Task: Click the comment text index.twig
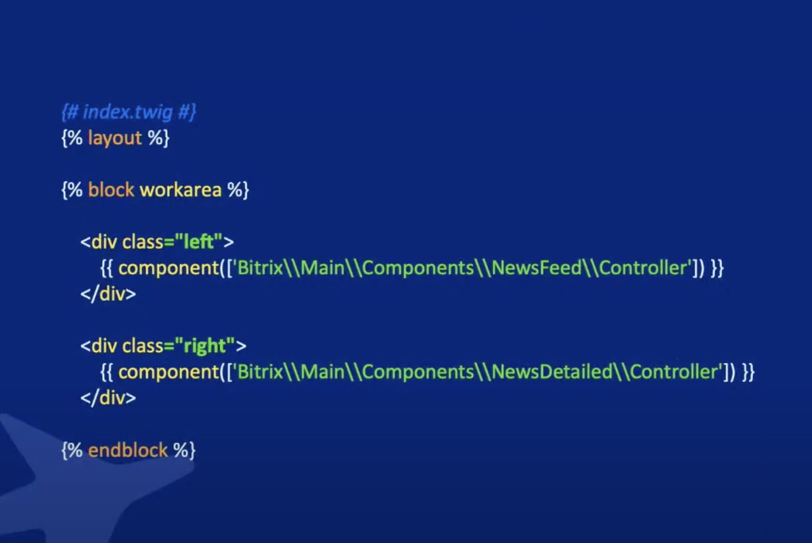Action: pyautogui.click(x=129, y=112)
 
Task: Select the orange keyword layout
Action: pyautogui.click(x=115, y=139)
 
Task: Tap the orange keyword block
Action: pyautogui.click(x=111, y=190)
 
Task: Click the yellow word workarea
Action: pyautogui.click(x=181, y=190)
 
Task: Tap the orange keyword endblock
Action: pyautogui.click(x=127, y=450)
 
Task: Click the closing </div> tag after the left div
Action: pyautogui.click(x=108, y=294)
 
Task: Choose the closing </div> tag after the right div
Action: pyautogui.click(x=108, y=398)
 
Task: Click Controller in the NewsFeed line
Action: pyautogui.click(x=644, y=268)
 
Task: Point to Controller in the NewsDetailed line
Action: pyautogui.click(x=674, y=372)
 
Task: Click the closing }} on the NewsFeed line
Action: pyautogui.click(x=717, y=268)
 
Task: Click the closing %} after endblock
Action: pyautogui.click(x=184, y=450)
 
